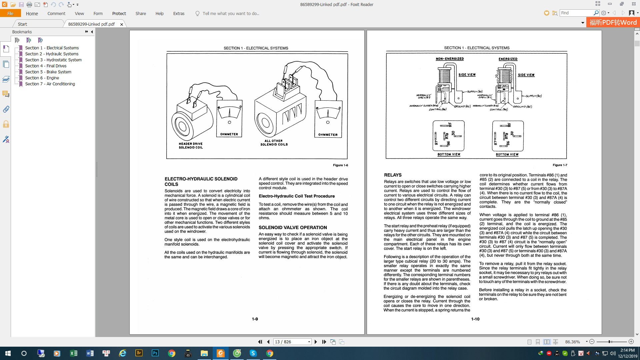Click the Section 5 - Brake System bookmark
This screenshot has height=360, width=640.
pyautogui.click(x=48, y=72)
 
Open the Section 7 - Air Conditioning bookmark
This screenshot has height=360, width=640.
pyautogui.click(x=50, y=84)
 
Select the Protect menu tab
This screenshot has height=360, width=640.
pyautogui.click(x=119, y=13)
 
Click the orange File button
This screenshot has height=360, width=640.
pyautogui.click(x=10, y=13)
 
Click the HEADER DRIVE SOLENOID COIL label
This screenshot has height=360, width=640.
pyautogui.click(x=190, y=146)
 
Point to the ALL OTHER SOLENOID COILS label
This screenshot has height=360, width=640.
pyautogui.click(x=274, y=143)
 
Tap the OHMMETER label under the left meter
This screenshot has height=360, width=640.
pyautogui.click(x=229, y=134)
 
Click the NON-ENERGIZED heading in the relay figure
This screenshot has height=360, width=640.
pyautogui.click(x=450, y=59)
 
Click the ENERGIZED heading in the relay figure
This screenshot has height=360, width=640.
pyautogui.click(x=508, y=59)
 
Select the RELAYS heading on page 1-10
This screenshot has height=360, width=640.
pyautogui.click(x=393, y=175)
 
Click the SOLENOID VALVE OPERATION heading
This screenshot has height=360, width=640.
pyautogui.click(x=293, y=227)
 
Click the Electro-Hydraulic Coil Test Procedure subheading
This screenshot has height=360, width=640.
pyautogui.click(x=297, y=196)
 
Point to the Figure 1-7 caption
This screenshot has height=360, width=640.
pyautogui.click(x=560, y=165)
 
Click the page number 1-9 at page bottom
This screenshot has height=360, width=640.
pyautogui.click(x=255, y=319)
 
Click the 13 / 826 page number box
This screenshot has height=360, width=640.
pyautogui.click(x=290, y=342)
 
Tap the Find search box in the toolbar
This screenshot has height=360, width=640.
pyautogui.click(x=577, y=13)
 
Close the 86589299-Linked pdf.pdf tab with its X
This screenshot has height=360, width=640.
pyautogui.click(x=122, y=24)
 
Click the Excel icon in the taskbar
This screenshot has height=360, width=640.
pyautogui.click(x=74, y=353)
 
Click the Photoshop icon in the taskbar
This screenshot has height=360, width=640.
pyautogui.click(x=155, y=353)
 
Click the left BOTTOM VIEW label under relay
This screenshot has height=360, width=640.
pyautogui.click(x=449, y=154)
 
